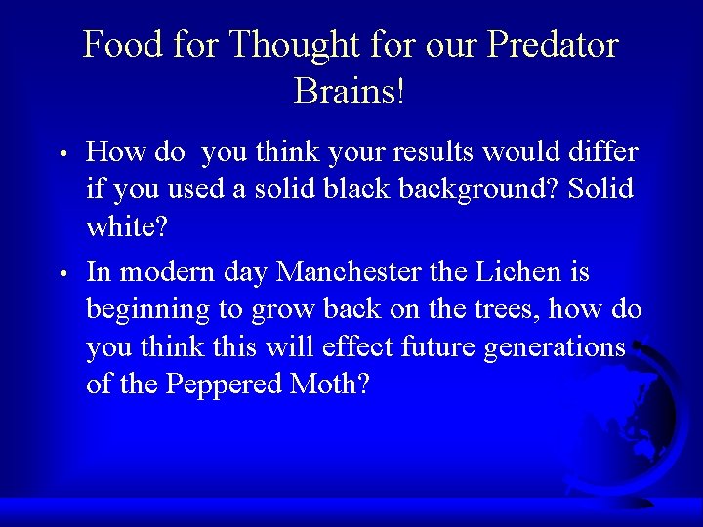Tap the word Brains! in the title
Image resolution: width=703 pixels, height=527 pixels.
coord(350,94)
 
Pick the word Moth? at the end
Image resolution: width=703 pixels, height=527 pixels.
coord(331,384)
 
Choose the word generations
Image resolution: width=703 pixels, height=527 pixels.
coord(554,347)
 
